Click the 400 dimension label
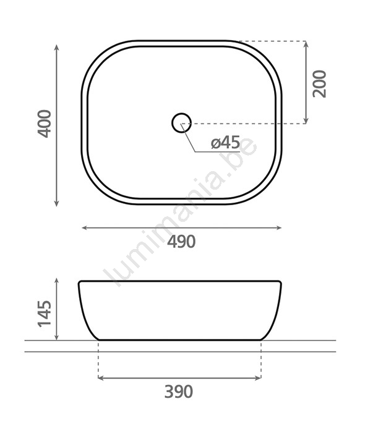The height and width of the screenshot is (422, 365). click(x=44, y=124)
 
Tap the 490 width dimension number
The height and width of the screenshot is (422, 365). click(x=181, y=242)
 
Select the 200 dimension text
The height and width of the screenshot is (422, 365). click(x=319, y=83)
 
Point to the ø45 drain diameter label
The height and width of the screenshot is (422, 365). click(x=225, y=142)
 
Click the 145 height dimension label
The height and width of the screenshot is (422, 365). click(x=44, y=314)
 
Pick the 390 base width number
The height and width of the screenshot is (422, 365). click(x=178, y=392)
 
